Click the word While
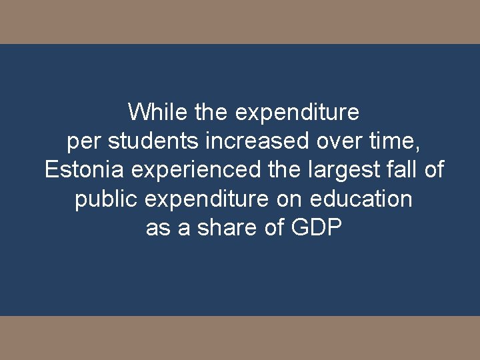pos(149,112)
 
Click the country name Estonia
pos(84,170)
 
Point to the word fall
pos(401,170)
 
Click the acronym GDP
pos(317,228)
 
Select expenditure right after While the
pos(297,112)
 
